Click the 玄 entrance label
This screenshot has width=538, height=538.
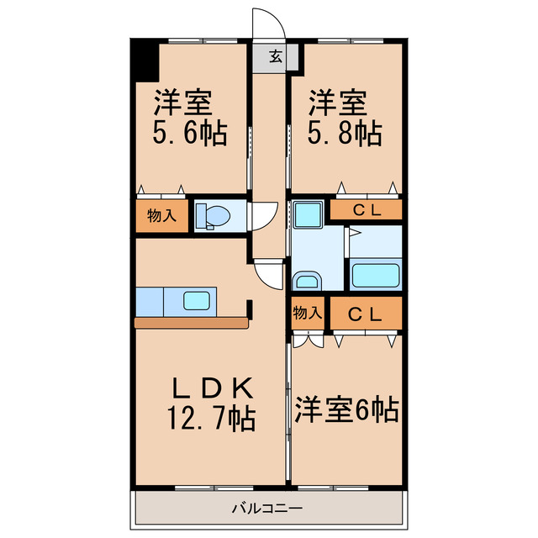[x=275, y=57]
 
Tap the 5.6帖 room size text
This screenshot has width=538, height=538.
[x=189, y=134]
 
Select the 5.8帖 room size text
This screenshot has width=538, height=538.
[x=344, y=134]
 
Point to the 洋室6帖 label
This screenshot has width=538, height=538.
[x=345, y=410]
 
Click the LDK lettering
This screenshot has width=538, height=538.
[x=211, y=388]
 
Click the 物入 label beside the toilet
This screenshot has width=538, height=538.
[x=161, y=215]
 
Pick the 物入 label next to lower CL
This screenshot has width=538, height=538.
[x=307, y=313]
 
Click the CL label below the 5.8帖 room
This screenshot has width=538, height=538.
[x=366, y=210]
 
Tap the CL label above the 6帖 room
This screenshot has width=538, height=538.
[x=366, y=314]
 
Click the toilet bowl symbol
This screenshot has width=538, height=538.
[x=214, y=217]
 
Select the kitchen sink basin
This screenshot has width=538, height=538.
[x=199, y=299]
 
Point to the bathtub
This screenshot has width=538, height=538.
[x=376, y=274]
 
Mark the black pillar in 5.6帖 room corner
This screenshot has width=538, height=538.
[x=144, y=61]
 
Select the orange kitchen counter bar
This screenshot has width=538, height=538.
[x=191, y=322]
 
